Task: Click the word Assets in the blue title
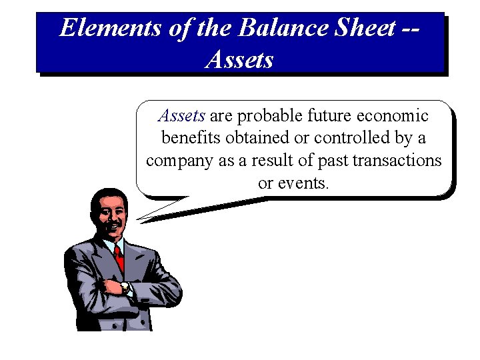click(240, 60)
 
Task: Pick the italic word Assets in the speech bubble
click(181, 116)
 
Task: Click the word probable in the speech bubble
click(269, 116)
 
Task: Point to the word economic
click(393, 116)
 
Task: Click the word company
click(178, 161)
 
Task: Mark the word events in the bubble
click(306, 183)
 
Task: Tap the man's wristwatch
click(126, 287)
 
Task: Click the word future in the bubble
click(331, 116)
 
